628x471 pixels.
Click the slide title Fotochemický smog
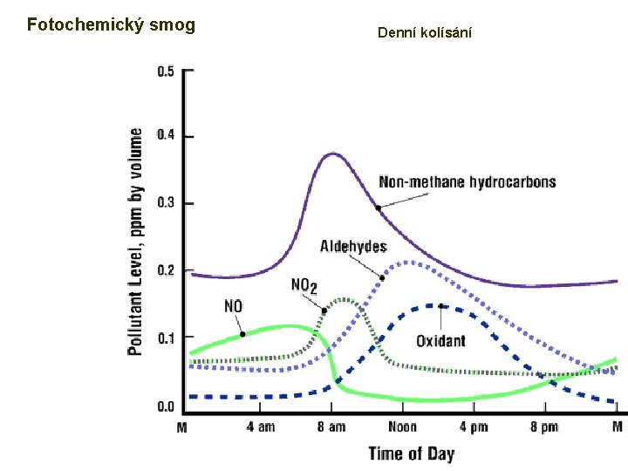coord(111,24)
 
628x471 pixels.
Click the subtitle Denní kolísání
coord(425,33)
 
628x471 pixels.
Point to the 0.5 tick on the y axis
coord(166,71)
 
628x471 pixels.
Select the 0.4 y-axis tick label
coord(166,135)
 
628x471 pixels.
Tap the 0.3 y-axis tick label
coord(166,203)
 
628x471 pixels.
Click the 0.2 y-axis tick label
coord(166,270)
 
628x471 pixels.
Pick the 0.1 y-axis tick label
coord(166,338)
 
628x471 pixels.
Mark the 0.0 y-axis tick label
coord(166,406)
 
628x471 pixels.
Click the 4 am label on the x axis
coord(260,427)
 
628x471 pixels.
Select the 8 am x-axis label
coord(331,427)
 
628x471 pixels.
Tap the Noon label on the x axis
coord(402,427)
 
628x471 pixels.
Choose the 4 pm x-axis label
coord(474,427)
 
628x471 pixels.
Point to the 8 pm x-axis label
coord(544,427)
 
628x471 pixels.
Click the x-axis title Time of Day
coord(411,453)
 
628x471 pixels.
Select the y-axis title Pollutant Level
coord(136,242)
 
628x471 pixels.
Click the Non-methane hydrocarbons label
coord(468,182)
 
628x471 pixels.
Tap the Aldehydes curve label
coord(353,247)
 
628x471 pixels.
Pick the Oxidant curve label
coord(440,341)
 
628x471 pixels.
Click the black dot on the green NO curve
coord(242,334)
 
